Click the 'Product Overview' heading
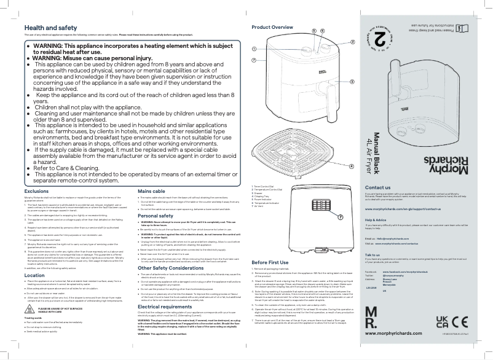coord(272,28)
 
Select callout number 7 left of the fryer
coord(254,60)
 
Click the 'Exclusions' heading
coord(36,192)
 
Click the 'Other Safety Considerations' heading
coord(171,268)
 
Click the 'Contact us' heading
coord(377,187)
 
